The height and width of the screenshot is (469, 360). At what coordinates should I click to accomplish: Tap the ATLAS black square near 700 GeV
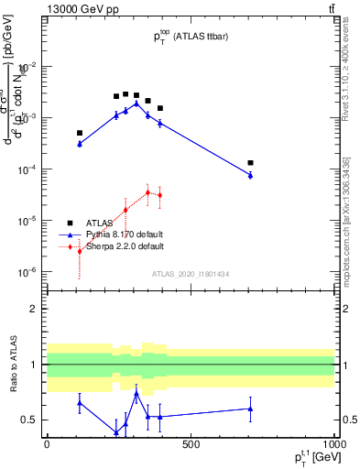250,163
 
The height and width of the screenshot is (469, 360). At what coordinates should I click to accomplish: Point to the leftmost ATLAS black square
80,133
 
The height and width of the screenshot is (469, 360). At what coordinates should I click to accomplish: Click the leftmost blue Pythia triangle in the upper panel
80,144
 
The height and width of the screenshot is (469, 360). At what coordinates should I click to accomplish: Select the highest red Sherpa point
147,192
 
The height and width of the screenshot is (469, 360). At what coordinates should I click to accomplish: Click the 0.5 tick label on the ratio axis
32,420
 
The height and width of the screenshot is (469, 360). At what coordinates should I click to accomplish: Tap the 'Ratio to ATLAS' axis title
12,366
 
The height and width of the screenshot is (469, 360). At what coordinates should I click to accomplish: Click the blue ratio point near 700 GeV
250,409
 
